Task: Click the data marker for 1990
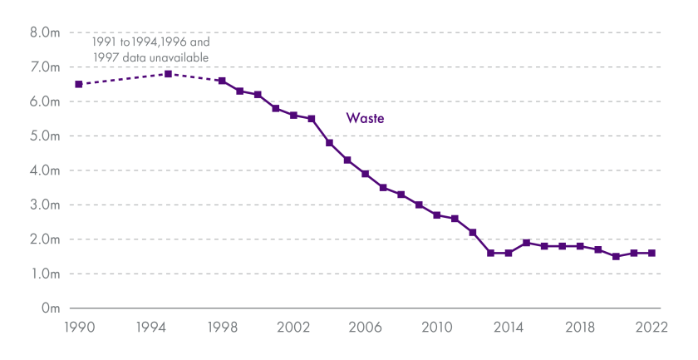78,84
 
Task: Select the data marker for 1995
168,74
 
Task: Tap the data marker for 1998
222,81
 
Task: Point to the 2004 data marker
329,143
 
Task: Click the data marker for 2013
490,253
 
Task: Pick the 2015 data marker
526,243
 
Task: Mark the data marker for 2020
616,256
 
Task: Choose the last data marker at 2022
651,253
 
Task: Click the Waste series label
365,119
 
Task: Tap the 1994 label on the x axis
150,328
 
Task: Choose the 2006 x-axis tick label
365,328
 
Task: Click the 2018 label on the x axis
580,328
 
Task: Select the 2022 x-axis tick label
651,328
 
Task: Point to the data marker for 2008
401,195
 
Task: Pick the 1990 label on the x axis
78,328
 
